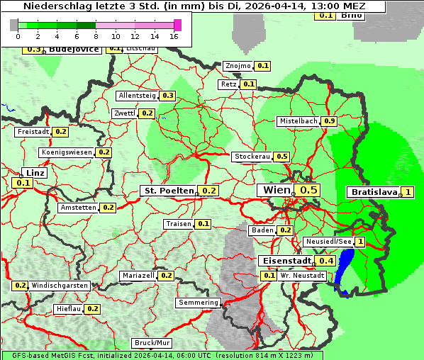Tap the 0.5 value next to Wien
(x=308, y=190)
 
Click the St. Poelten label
(x=168, y=191)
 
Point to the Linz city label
(x=33, y=173)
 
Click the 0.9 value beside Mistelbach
(x=329, y=121)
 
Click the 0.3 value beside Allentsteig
(x=168, y=96)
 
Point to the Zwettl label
(x=124, y=113)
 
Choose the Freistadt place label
(x=33, y=132)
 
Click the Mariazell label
(x=138, y=276)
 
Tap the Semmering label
(x=199, y=303)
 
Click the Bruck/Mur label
(x=152, y=343)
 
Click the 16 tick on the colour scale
(x=174, y=36)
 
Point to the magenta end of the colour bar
(x=177, y=25)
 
